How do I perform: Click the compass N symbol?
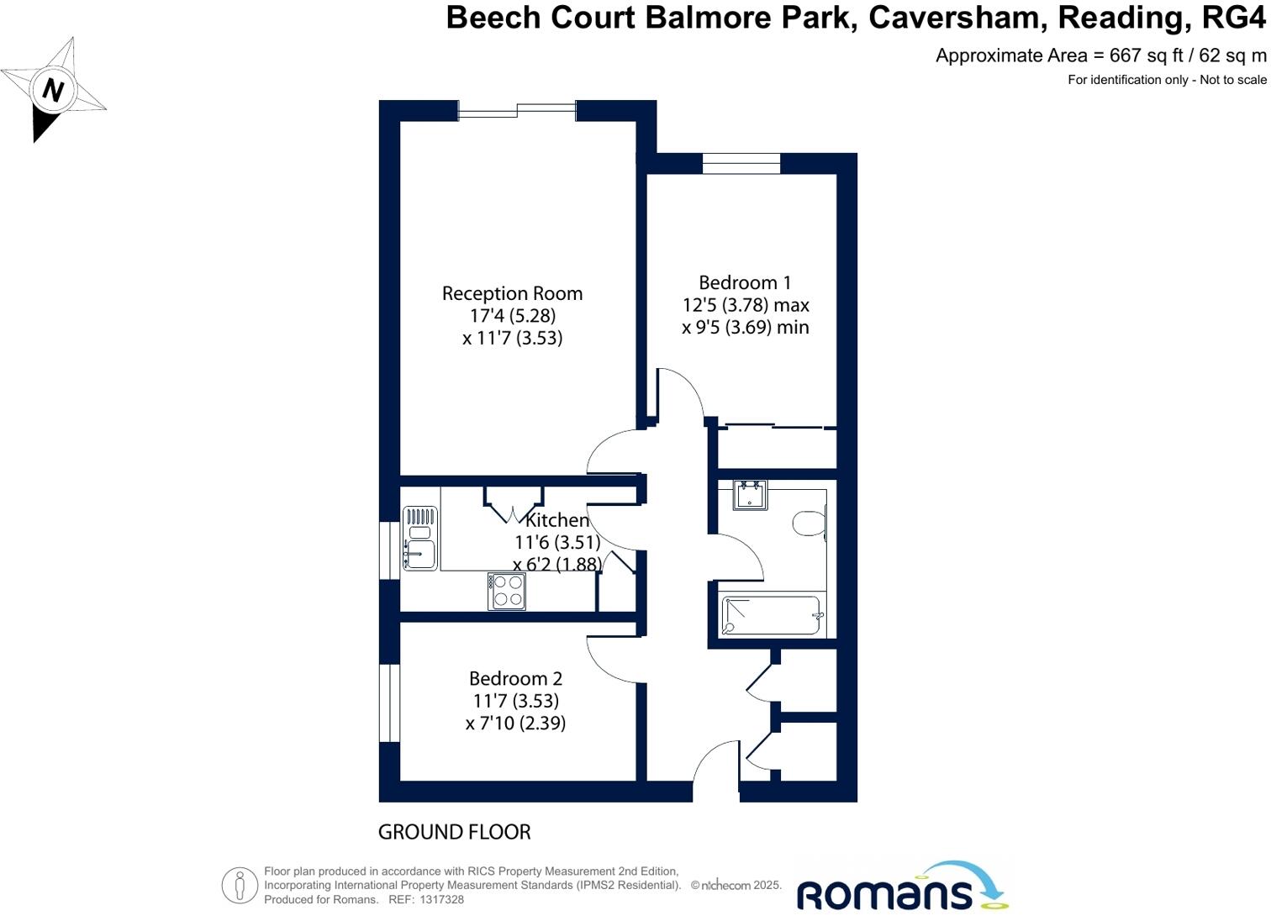coord(53,89)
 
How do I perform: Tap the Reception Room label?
coord(512,293)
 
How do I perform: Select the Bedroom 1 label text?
coord(745,282)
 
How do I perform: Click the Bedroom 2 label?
coord(515,678)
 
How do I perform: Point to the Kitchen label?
coord(556,520)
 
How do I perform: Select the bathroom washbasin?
coord(750,495)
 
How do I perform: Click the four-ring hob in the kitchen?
coord(507,591)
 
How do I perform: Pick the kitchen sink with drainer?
coord(419,539)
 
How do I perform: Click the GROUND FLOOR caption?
coord(454,832)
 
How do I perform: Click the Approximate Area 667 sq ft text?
coord(1100,55)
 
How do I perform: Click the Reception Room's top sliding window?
coord(517,108)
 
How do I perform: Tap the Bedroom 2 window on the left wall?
coord(388,703)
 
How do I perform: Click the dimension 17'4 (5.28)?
coord(512,316)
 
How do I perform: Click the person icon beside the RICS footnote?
coord(240,885)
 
